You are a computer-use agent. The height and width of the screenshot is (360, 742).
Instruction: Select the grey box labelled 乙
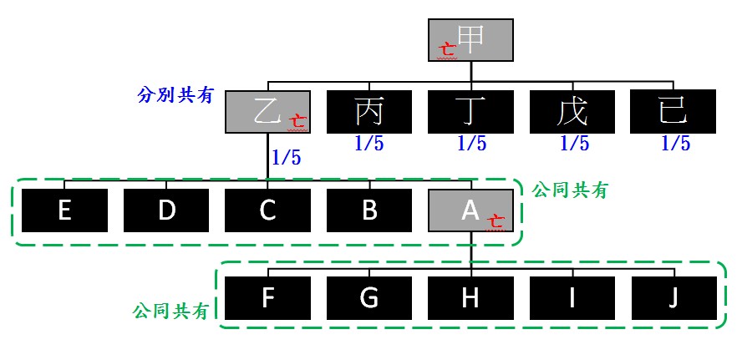pyautogui.click(x=267, y=112)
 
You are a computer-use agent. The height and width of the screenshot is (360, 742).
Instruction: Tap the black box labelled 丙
pyautogui.click(x=368, y=112)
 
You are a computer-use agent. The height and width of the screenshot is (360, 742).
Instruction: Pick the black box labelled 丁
pyautogui.click(x=470, y=112)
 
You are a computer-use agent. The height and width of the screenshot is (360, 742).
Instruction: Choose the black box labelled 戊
pyautogui.click(x=572, y=112)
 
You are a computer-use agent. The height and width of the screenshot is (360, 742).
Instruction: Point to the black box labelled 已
pyautogui.click(x=673, y=112)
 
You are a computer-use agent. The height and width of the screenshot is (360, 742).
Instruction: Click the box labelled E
pyautogui.click(x=64, y=210)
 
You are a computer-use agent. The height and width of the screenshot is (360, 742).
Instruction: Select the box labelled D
pyautogui.click(x=166, y=210)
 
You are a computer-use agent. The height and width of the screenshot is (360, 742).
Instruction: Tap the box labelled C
pyautogui.click(x=267, y=210)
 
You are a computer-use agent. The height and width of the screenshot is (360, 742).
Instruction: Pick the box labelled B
pyautogui.click(x=368, y=210)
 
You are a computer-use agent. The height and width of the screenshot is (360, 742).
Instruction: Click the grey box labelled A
pyautogui.click(x=470, y=210)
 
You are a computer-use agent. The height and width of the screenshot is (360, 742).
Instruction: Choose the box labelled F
pyautogui.click(x=267, y=298)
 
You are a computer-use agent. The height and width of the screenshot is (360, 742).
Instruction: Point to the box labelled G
pyautogui.click(x=368, y=298)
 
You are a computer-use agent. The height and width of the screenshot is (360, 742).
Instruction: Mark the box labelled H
pyautogui.click(x=470, y=298)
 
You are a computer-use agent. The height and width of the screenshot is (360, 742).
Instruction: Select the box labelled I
pyautogui.click(x=572, y=298)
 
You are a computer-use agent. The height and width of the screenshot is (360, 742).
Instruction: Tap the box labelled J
pyautogui.click(x=673, y=298)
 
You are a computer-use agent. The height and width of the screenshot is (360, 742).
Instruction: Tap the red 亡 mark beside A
pyautogui.click(x=496, y=223)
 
